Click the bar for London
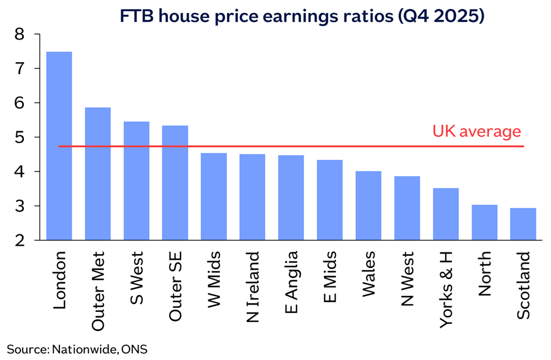pos(59,146)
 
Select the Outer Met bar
pos(98,174)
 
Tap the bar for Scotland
pos(523,224)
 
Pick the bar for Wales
pos(368,205)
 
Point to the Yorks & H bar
pos(446,214)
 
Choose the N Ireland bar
pos(252,197)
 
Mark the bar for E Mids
pos(330,200)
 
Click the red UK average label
pos(476,131)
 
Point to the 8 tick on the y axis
pos(19,34)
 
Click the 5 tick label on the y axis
pos(19,137)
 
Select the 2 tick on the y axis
pos(19,241)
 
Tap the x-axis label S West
pos(137,278)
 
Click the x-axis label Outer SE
pos(175,286)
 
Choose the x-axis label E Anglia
pos(291,282)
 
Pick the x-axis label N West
pos(407,279)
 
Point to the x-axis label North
pos(485,273)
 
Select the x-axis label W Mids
pos(214,280)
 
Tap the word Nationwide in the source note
pos(84,349)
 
